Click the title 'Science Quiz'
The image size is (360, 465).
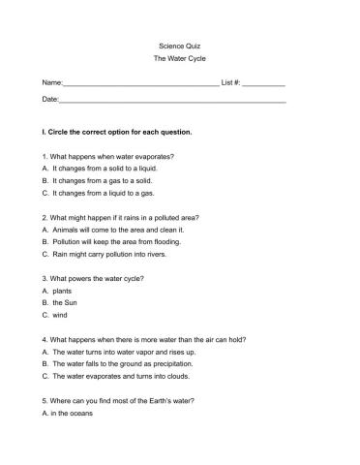(x=179, y=46)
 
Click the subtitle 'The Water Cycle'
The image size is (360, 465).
(x=179, y=60)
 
